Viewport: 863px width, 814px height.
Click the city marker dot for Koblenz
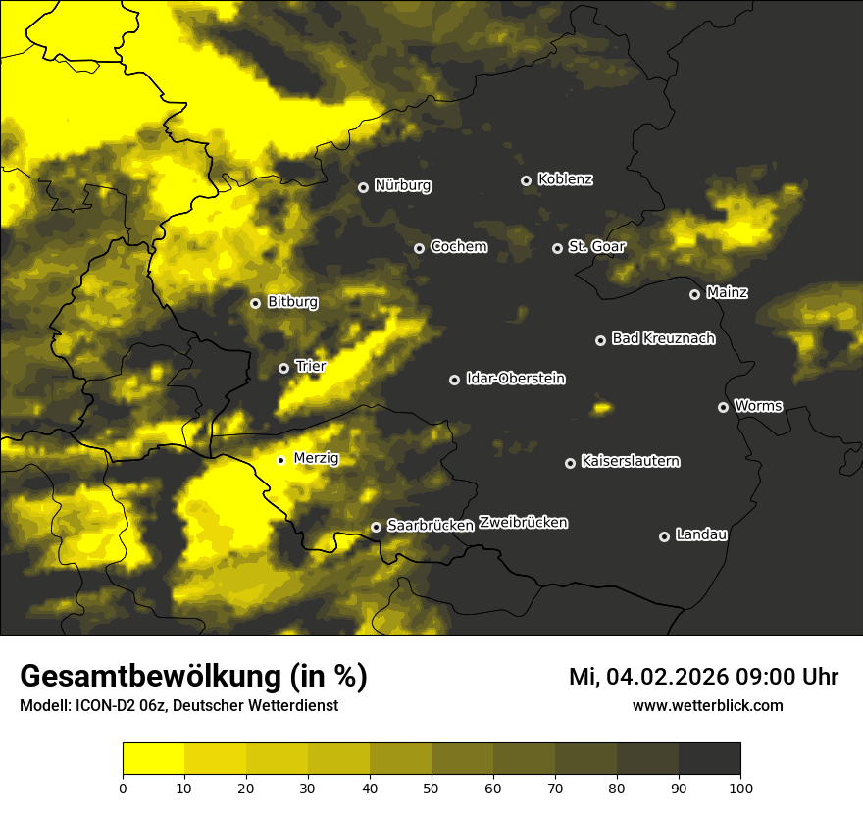[526, 180]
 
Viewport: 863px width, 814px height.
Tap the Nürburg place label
[403, 185]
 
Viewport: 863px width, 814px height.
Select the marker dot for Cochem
[419, 248]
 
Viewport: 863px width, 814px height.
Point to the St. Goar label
[596, 246]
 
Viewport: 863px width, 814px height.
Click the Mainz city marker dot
[694, 294]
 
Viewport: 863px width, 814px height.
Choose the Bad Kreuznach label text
[663, 338]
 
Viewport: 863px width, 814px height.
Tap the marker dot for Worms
[723, 407]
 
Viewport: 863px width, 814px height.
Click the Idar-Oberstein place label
[516, 379]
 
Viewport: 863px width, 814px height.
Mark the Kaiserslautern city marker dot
[570, 463]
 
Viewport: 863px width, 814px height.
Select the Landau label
[701, 534]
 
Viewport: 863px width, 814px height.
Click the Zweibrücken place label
[523, 523]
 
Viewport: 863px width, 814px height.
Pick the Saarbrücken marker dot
[376, 527]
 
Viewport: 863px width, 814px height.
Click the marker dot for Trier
[283, 368]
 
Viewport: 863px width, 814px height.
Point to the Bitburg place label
[292, 302]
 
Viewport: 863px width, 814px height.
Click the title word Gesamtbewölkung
[148, 677]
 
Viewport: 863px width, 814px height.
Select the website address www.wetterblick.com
[707, 705]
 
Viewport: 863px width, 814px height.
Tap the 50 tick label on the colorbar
[431, 788]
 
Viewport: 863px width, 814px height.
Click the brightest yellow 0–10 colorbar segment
[153, 758]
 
